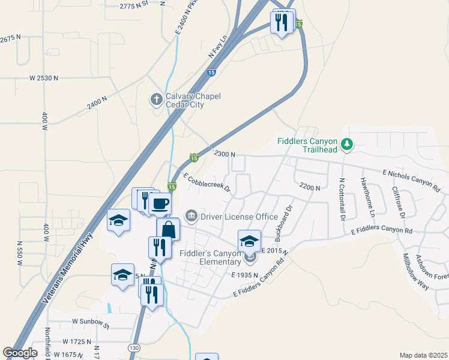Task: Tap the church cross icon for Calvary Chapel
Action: click(x=156, y=98)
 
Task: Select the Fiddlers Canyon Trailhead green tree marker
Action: click(x=346, y=144)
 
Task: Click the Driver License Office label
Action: click(x=239, y=216)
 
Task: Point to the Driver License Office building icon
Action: click(x=191, y=215)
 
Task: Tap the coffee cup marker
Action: click(x=160, y=204)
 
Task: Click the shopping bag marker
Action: click(x=168, y=229)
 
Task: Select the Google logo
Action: click(x=20, y=353)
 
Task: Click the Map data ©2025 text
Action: click(x=423, y=355)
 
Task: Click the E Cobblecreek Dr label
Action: click(x=207, y=183)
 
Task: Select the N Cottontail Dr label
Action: click(x=342, y=199)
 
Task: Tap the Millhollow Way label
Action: click(x=416, y=272)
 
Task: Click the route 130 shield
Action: click(x=133, y=348)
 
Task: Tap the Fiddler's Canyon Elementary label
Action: click(x=210, y=257)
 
